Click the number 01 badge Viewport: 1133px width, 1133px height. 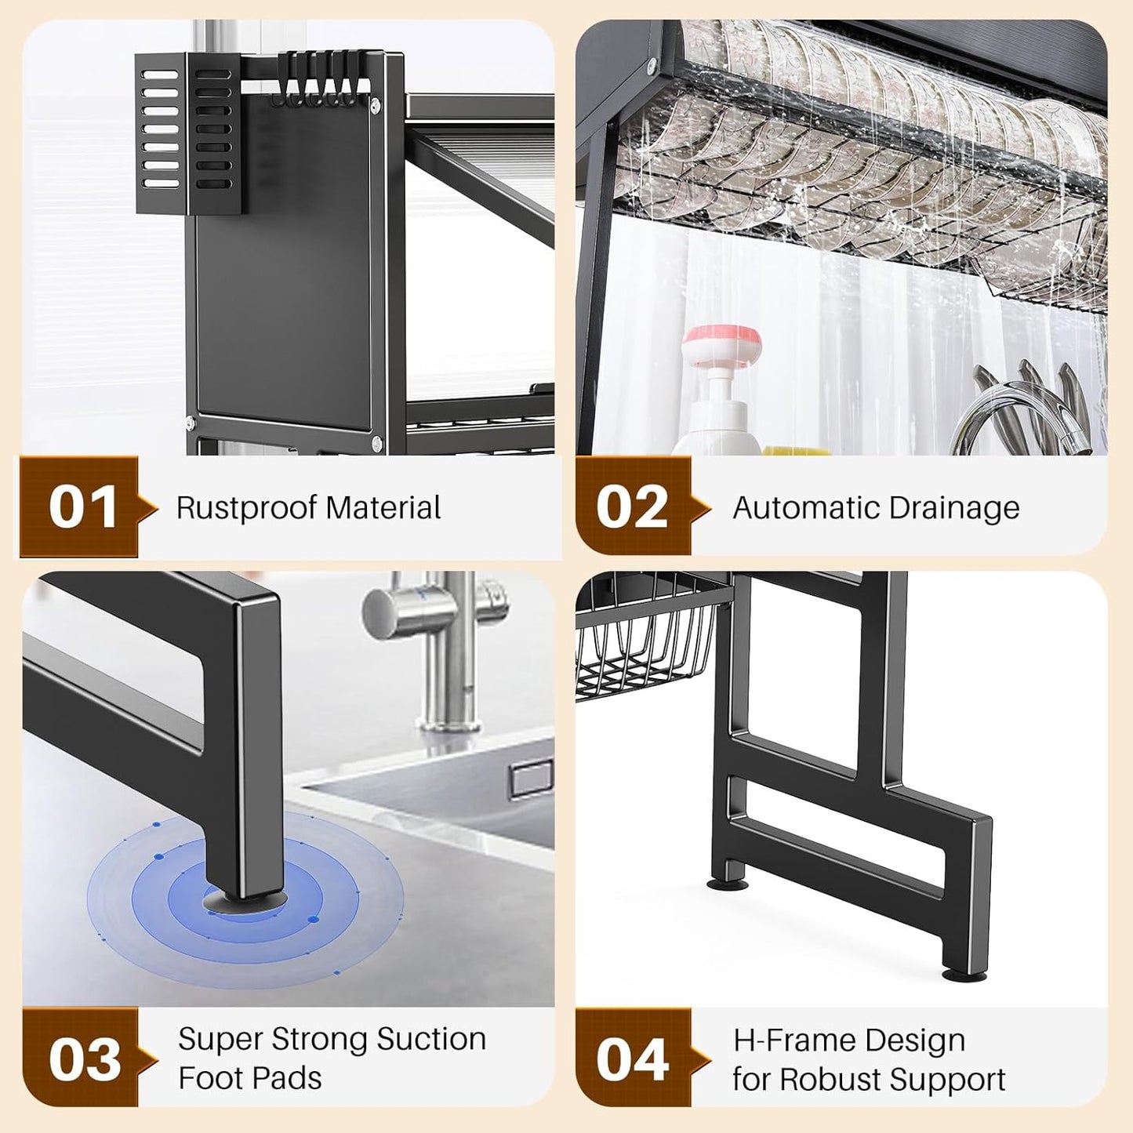click(x=82, y=507)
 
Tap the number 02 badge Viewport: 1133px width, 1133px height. click(x=632, y=507)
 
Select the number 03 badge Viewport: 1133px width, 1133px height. click(x=84, y=1059)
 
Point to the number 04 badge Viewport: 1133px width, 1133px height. click(x=632, y=1059)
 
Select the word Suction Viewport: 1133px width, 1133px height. click(x=431, y=1040)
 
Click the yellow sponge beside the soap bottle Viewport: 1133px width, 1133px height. click(x=796, y=452)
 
